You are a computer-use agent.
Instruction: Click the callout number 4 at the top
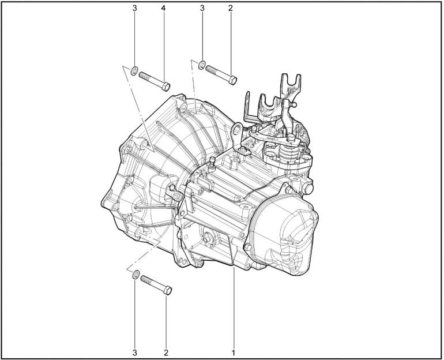pyautogui.click(x=163, y=8)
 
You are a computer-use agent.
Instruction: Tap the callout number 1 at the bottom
pyautogui.click(x=234, y=352)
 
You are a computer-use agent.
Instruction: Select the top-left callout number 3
pyautogui.click(x=134, y=8)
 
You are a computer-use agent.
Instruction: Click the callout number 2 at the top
pyautogui.click(x=230, y=8)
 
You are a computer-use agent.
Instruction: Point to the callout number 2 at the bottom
pyautogui.click(x=166, y=352)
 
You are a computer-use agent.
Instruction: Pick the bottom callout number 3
pyautogui.click(x=134, y=352)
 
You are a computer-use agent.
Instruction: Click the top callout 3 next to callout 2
pyautogui.click(x=202, y=8)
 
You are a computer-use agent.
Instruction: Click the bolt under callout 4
pyautogui.click(x=155, y=81)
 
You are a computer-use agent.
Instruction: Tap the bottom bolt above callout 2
pyautogui.click(x=156, y=284)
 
